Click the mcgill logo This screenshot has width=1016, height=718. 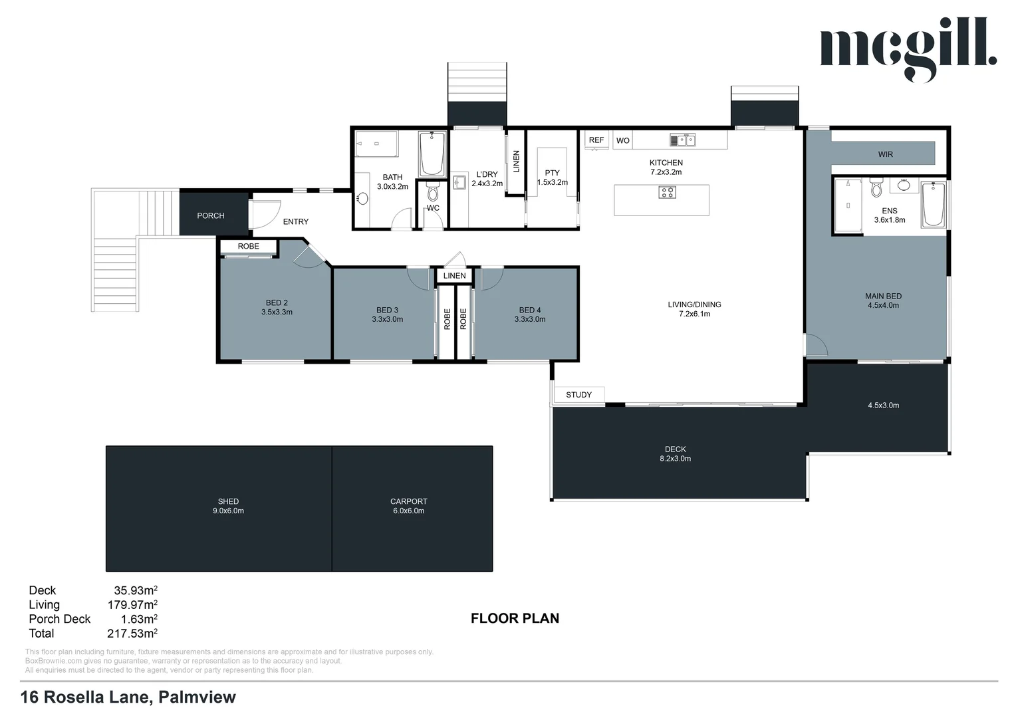point(908,48)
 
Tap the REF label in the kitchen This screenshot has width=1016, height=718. point(596,140)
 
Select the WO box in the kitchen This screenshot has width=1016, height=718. point(622,141)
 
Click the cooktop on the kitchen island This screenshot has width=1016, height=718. point(667,193)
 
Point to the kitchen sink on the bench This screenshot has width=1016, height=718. point(682,140)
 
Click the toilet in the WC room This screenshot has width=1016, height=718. point(433,193)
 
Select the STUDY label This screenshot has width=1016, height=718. point(578,395)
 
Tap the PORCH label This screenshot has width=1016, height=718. point(211,216)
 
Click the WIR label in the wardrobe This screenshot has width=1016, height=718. point(885,154)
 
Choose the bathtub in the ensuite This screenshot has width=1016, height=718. point(934,205)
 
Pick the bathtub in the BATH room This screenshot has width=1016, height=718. point(432,154)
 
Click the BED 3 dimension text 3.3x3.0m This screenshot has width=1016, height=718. point(387,320)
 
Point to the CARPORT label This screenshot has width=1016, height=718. point(408,501)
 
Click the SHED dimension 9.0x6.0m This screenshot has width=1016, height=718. point(228,511)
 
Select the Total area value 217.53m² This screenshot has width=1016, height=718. point(132,634)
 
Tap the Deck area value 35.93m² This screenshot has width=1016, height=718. point(135,590)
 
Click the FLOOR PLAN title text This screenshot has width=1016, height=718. point(515,618)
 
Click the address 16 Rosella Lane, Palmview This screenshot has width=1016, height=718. point(128,697)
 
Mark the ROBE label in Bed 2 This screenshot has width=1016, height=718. point(249,247)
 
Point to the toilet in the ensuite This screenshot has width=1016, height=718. point(876,189)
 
